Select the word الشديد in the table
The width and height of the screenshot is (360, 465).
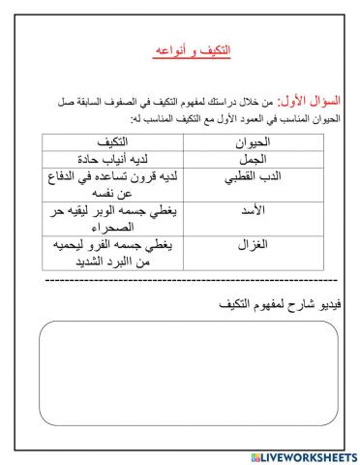click(x=88, y=262)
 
